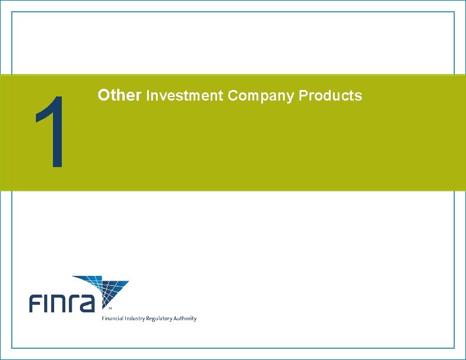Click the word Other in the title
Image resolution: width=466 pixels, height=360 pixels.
tap(119, 95)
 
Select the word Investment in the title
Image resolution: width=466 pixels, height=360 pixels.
tap(184, 95)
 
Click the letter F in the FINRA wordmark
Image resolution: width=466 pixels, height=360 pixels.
tap(36, 304)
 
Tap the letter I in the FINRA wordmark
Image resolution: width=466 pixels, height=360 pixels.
tap(48, 304)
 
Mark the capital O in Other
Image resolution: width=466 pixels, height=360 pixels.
tap(104, 95)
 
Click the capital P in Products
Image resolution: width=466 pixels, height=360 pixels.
tap(303, 95)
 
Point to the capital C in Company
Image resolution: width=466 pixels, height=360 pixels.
tap(231, 95)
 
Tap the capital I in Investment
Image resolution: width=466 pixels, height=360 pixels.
tap(148, 95)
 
